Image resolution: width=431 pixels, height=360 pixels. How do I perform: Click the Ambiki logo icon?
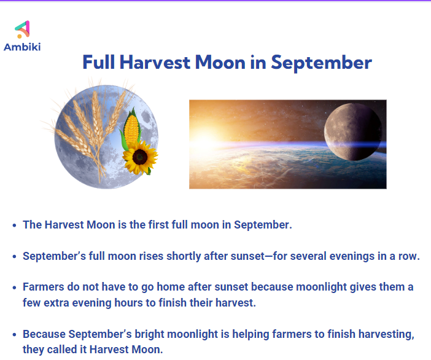[23, 29]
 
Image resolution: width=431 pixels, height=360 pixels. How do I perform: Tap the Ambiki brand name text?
[22, 47]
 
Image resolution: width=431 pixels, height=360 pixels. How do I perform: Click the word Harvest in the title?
[155, 62]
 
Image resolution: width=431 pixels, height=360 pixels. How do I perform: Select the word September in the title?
[321, 63]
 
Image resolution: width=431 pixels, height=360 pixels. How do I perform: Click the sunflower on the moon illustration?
[140, 157]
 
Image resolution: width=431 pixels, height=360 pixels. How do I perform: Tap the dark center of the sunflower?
[140, 157]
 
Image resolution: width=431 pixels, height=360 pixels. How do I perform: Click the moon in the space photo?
[353, 131]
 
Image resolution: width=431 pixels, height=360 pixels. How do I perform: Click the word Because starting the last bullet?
[44, 334]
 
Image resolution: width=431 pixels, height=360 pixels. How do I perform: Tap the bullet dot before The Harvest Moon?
[15, 225]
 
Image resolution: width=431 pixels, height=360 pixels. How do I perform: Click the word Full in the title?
[99, 62]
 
